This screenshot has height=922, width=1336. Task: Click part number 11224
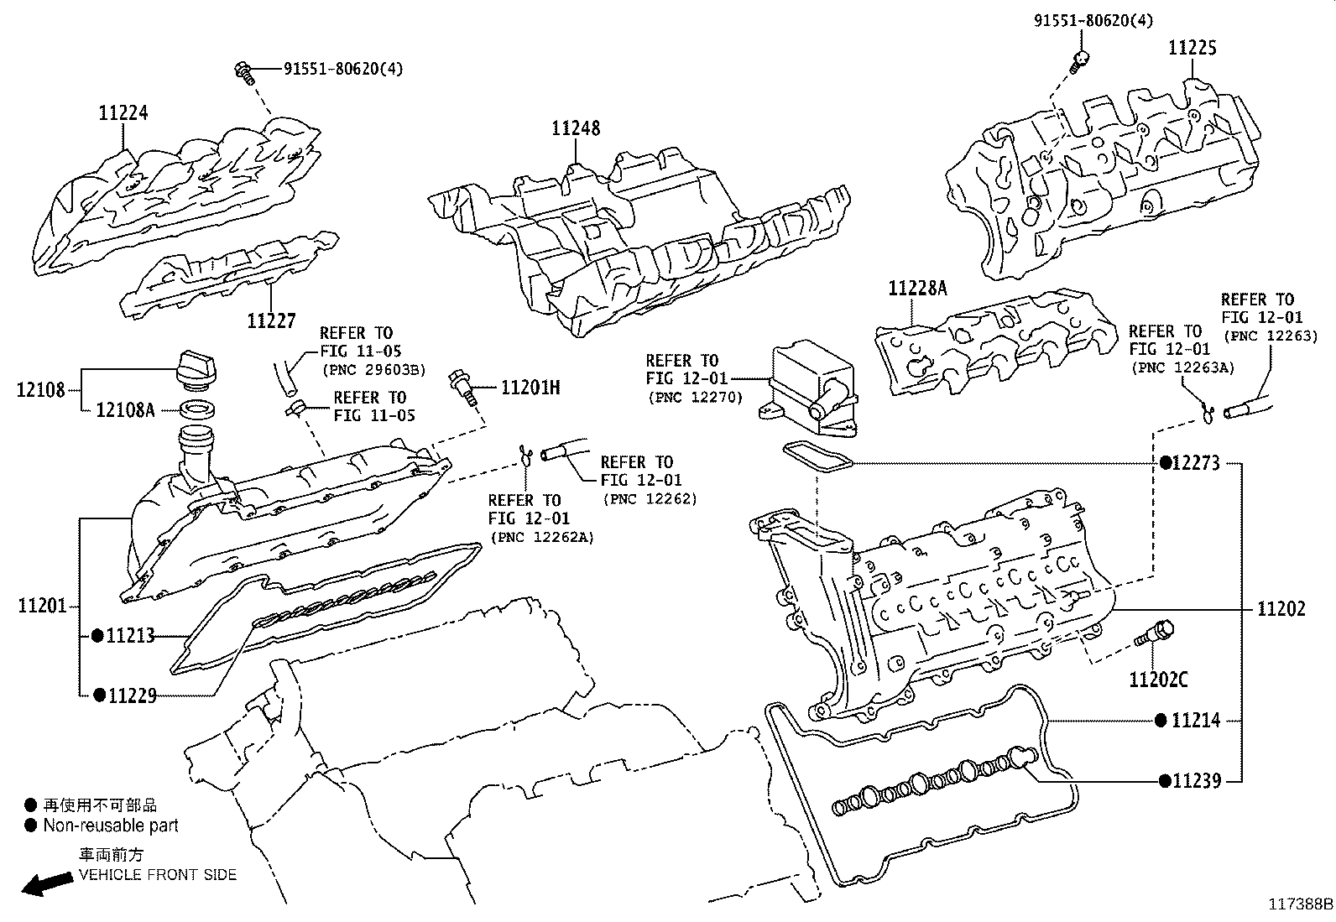click(x=123, y=112)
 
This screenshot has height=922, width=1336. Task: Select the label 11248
click(x=576, y=128)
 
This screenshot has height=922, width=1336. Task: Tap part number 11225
click(x=1192, y=49)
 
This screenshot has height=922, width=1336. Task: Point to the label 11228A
click(x=917, y=289)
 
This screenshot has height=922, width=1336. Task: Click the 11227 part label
click(x=271, y=320)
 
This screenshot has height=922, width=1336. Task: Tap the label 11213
click(x=130, y=636)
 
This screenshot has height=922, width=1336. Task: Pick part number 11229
click(x=130, y=695)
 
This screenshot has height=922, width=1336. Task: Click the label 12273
click(x=1195, y=463)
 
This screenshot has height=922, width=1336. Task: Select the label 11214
click(x=1195, y=720)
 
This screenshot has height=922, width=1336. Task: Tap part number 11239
click(x=1196, y=781)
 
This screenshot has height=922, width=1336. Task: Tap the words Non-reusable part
click(x=111, y=826)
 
